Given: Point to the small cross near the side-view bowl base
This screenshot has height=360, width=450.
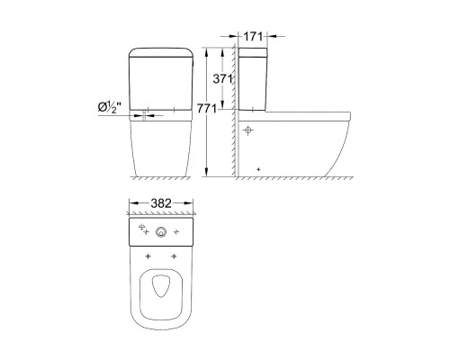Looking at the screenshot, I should click(258, 168).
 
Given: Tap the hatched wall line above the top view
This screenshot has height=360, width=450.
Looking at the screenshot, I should click(162, 214).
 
